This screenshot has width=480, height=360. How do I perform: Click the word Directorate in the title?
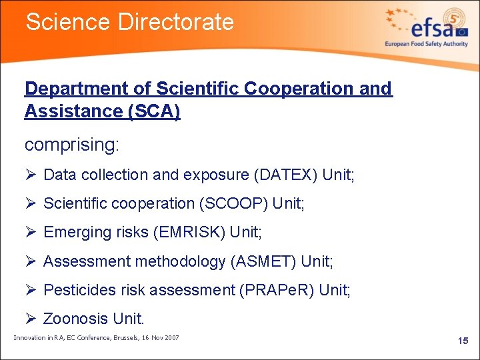point(176,22)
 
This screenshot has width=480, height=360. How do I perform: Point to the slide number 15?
point(463,341)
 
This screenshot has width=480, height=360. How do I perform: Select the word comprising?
point(71,144)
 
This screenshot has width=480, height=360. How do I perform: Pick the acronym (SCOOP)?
point(236,203)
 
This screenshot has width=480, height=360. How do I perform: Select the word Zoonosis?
point(75,319)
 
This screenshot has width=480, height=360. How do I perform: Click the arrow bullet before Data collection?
point(30,175)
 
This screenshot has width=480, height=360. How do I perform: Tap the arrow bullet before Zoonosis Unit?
point(30,319)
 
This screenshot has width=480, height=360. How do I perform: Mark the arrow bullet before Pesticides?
point(30,290)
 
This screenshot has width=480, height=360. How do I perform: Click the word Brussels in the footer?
point(119,338)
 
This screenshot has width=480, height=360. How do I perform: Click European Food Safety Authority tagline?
point(426,44)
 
